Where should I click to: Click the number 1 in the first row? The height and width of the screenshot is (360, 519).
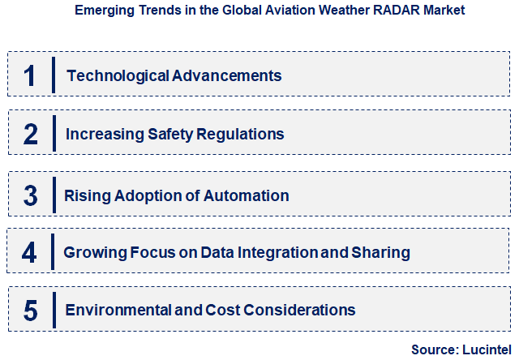click(x=30, y=75)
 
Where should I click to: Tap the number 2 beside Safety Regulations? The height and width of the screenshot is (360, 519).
click(x=30, y=134)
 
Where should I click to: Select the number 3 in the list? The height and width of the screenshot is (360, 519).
click(x=30, y=195)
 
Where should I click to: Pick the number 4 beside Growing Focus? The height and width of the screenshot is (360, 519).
click(x=29, y=252)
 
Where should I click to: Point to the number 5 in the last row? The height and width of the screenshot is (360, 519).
click(x=30, y=310)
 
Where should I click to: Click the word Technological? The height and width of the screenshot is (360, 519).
click(x=117, y=75)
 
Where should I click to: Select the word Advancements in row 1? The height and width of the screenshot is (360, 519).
click(x=227, y=75)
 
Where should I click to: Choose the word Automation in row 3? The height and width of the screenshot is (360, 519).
click(x=250, y=195)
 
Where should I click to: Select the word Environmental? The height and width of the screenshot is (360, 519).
click(x=114, y=310)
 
